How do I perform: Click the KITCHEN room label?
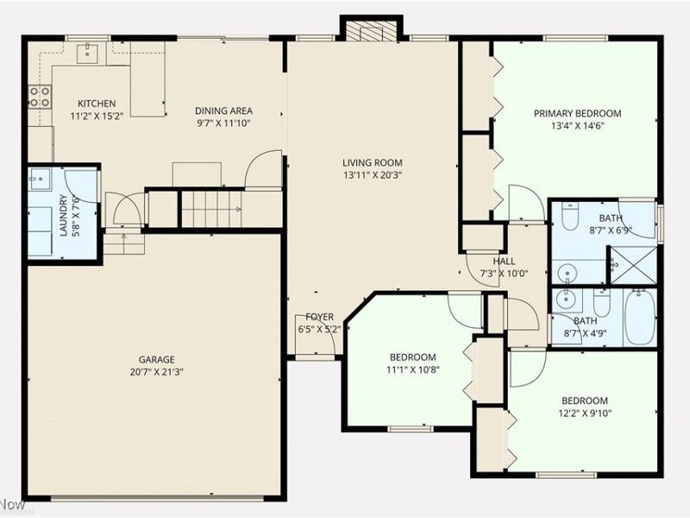pos(97,104)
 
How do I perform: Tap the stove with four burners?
pos(40,97)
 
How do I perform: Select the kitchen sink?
pos(88,54)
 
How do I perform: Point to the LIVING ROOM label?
pos(373,163)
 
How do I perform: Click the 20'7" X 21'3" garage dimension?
pos(157,372)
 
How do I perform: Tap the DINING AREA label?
pos(223,111)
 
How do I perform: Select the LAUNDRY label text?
pos(63,215)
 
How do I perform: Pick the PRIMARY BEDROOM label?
pos(577,114)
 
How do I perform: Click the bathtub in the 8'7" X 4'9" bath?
pos(640,317)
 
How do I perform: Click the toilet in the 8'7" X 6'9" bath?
pos(571,217)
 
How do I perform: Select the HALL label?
pos(504,262)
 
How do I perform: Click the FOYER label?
pos(319,317)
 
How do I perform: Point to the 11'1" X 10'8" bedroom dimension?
pos(413,370)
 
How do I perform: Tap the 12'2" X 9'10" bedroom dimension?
pos(585,414)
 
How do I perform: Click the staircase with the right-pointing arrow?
pos(211,209)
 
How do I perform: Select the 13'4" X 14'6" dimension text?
pos(577,126)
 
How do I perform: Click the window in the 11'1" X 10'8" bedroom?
pos(411,428)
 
